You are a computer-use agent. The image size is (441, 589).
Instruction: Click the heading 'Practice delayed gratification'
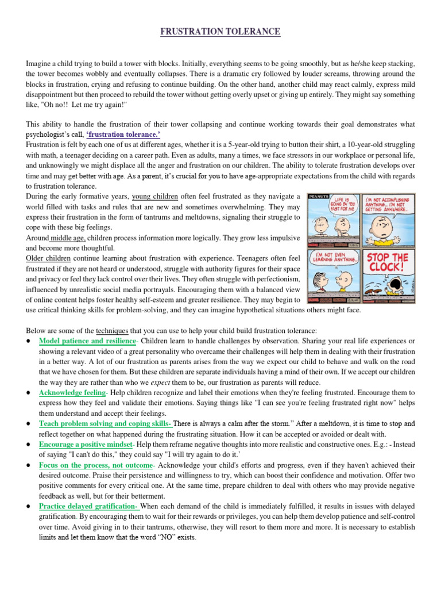coord(89,506)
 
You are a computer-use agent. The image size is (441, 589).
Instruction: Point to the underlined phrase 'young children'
coord(155,197)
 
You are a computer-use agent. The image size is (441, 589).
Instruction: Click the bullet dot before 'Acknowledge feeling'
coord(29,393)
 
